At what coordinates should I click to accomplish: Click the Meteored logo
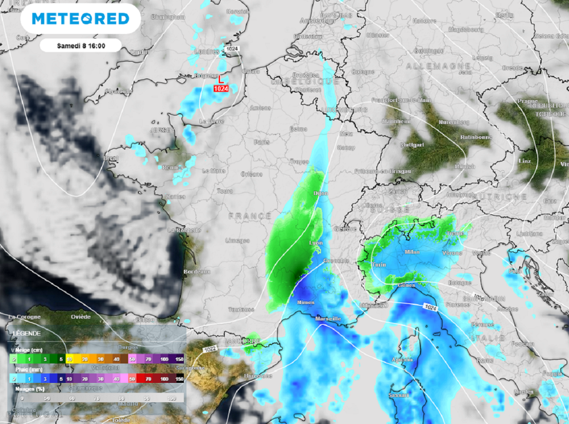81,19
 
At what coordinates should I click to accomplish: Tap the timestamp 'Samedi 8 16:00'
81,46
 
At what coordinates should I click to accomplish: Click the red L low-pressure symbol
222,79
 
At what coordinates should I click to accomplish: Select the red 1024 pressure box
222,88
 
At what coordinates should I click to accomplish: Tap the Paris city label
261,142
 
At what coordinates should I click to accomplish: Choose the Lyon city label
316,243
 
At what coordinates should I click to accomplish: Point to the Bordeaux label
197,271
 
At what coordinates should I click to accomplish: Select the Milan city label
412,252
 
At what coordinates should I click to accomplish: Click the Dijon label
321,194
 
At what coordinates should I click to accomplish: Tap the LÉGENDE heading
26,333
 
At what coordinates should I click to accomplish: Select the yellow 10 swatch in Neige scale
70,359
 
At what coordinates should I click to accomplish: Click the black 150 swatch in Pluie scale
179,378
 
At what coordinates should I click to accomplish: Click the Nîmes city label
306,302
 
